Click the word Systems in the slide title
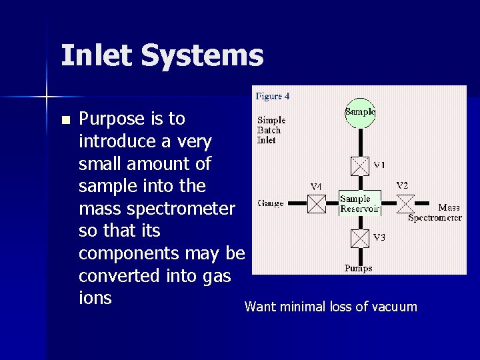point(204,57)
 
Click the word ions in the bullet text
point(95,298)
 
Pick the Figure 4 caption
point(273,96)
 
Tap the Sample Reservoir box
point(359,203)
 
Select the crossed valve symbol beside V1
point(360,165)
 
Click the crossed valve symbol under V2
point(405,203)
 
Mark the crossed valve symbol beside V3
point(360,238)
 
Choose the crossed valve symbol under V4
point(317,204)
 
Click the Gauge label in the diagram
point(271,203)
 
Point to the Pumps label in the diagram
point(359,269)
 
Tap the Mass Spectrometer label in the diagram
point(437,213)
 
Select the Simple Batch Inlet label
point(271,129)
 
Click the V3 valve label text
point(379,237)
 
